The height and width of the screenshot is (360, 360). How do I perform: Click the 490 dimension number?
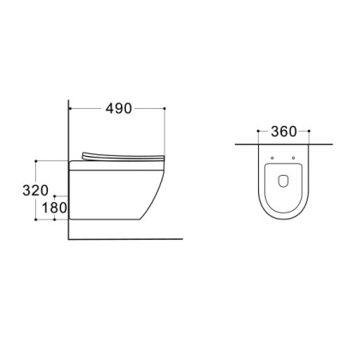116,109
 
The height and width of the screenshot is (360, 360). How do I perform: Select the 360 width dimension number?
283,132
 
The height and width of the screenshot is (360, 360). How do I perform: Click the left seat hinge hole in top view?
272,159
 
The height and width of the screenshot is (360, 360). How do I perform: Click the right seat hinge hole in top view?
293,159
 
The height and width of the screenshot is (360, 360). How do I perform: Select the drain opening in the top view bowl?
283,181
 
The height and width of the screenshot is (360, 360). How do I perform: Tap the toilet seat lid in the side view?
124,155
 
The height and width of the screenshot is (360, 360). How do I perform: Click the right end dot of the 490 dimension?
164,109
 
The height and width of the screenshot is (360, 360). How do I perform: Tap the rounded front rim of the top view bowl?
283,224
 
